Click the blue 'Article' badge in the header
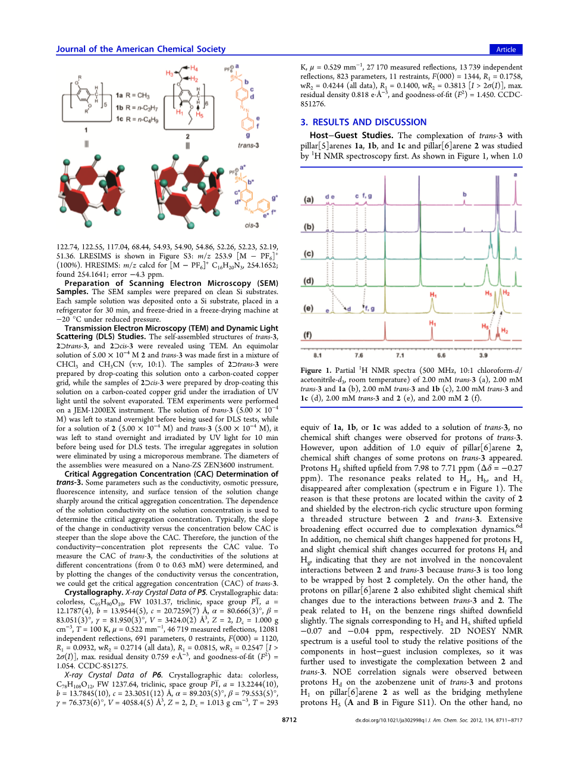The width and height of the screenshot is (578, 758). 505,49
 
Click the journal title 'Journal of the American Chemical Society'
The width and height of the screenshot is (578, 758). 141,49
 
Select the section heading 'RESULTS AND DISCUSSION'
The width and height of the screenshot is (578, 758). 369,122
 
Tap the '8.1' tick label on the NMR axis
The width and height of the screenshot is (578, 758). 318,355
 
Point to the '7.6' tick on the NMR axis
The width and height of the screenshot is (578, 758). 359,355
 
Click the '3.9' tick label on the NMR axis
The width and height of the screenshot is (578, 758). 483,355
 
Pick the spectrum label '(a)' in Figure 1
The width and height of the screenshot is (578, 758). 309,199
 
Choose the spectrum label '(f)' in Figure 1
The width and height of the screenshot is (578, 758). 308,335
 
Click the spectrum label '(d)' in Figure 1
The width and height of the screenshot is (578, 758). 309,280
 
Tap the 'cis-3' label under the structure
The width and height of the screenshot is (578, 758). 252,226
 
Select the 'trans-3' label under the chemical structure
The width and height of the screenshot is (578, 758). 248,145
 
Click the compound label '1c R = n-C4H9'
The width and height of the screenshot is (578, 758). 137,119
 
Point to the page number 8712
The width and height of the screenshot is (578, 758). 289,720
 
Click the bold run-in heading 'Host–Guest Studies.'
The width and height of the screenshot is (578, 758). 351,135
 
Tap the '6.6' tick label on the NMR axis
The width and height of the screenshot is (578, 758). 441,355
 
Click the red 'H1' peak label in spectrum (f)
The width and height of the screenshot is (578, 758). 432,323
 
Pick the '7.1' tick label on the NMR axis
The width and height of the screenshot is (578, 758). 400,355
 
